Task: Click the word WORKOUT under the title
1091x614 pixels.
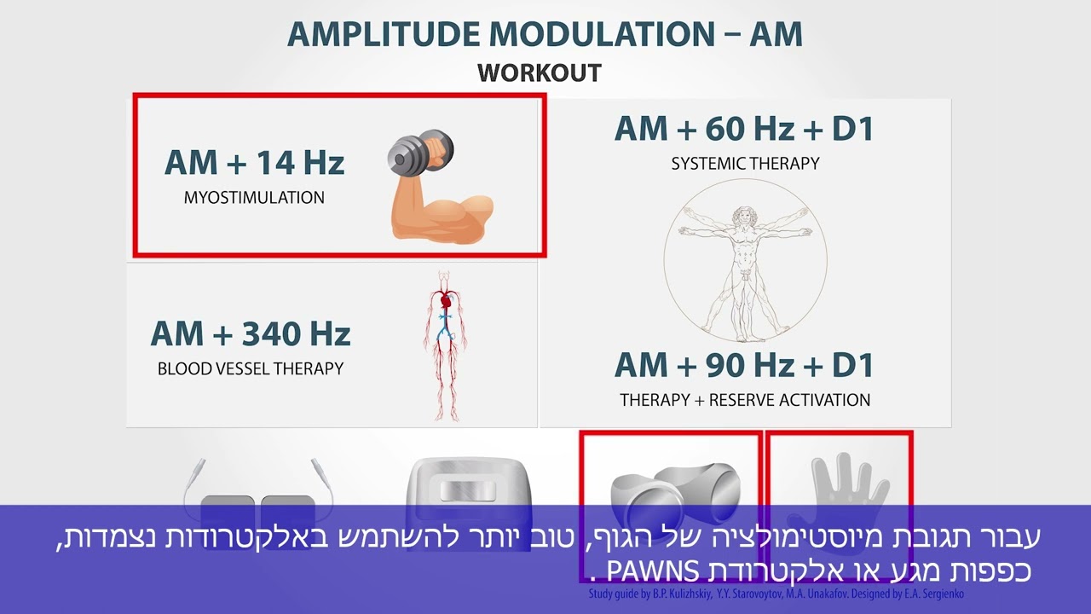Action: point(540,73)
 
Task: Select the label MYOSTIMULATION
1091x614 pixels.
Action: point(254,198)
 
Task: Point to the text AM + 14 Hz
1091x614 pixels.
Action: point(254,162)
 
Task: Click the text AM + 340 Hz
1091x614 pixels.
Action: point(251,333)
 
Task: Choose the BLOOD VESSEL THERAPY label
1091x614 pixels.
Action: point(251,369)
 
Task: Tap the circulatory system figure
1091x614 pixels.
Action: point(443,345)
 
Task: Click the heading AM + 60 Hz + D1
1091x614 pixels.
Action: point(744,129)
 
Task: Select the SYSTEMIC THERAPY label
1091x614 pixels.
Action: point(745,164)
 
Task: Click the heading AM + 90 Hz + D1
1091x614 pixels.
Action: point(744,365)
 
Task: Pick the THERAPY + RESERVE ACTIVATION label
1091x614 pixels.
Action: point(745,400)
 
